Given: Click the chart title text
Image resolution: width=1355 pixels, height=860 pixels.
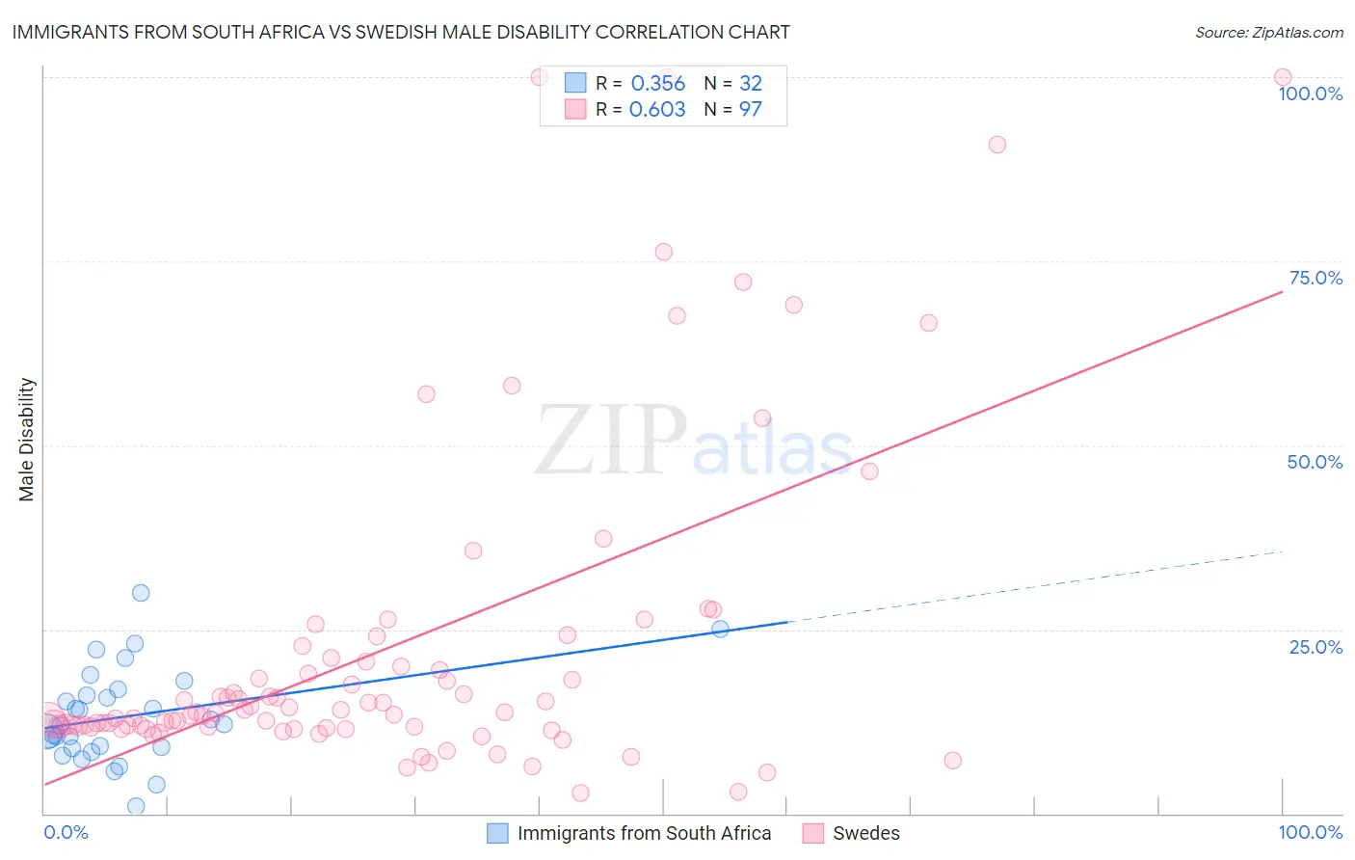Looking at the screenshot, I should point(401,32).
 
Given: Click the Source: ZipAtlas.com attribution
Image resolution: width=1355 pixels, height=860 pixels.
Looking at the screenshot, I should point(1268,32).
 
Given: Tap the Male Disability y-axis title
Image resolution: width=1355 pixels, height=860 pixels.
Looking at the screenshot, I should point(27,439).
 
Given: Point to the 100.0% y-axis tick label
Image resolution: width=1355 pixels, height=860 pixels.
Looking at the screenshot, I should point(1310,94).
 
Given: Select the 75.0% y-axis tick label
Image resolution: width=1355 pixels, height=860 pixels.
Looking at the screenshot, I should point(1315,278).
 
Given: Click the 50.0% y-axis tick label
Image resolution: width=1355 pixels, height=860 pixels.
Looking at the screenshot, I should point(1315,462).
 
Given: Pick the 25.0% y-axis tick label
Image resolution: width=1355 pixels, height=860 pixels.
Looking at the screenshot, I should point(1315,647).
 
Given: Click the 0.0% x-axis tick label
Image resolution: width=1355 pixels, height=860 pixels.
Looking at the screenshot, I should point(66,832).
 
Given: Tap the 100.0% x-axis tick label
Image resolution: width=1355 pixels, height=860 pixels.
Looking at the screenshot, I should point(1310,832).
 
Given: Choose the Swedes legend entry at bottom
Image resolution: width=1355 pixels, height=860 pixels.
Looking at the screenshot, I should point(865,833).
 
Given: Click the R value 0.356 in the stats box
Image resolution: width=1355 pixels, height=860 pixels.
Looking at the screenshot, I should point(657,84).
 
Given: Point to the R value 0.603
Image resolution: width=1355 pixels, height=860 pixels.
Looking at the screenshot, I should point(657,110).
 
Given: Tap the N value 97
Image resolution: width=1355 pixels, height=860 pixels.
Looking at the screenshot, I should point(750,110).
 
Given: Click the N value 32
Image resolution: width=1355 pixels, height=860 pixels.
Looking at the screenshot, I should point(750,84).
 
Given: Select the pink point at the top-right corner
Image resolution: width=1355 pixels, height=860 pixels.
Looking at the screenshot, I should point(1283,77).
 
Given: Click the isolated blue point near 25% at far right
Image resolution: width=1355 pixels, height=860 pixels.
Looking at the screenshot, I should point(720,629).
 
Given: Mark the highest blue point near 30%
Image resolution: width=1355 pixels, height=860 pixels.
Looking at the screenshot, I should point(141,593).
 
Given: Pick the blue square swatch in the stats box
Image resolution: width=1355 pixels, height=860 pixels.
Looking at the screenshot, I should point(575,83).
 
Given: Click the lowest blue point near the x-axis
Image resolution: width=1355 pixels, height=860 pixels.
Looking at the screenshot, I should point(136,806).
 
